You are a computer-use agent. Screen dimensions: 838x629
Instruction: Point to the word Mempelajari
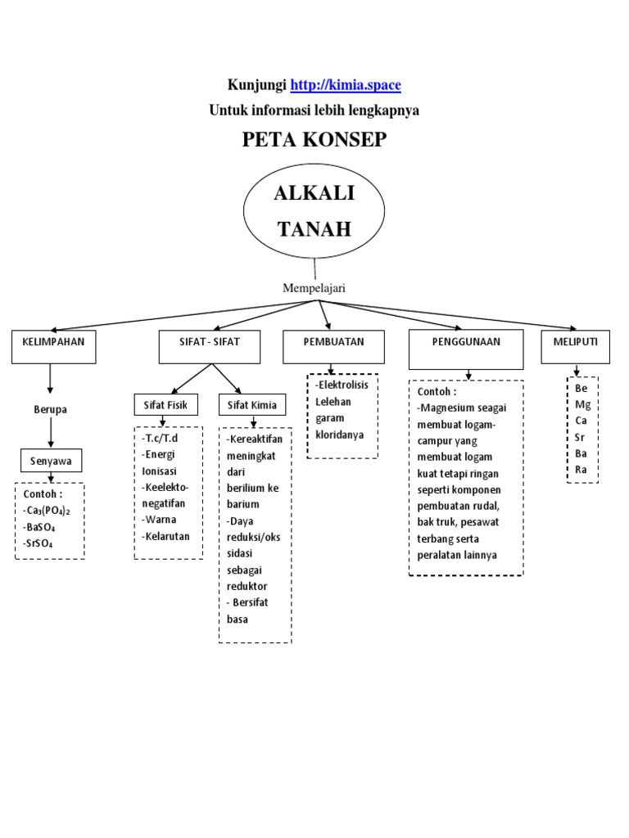pos(314,287)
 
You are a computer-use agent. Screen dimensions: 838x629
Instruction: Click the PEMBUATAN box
pos(333,346)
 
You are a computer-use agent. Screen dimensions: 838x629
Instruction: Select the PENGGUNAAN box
pos(466,347)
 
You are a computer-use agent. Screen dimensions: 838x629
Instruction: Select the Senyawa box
pos(51,461)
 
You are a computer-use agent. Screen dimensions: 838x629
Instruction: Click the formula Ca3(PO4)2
pos(48,511)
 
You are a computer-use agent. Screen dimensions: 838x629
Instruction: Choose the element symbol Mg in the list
pos(582,404)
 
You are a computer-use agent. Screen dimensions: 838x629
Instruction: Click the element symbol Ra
pos(582,470)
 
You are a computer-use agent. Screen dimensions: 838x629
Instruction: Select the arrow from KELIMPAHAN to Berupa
pos(50,379)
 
